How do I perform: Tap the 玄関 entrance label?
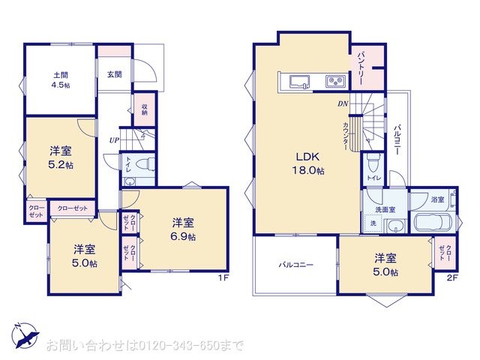tap(114, 74)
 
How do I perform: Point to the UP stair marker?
tap(114, 140)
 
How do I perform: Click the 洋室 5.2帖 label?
tap(61, 157)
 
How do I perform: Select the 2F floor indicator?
tap(451, 279)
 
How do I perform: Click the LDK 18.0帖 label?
tap(308, 163)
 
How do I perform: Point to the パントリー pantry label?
tap(360, 67)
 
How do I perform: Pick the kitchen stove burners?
tap(334, 81)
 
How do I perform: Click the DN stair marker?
tap(342, 103)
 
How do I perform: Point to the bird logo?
tap(23, 334)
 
